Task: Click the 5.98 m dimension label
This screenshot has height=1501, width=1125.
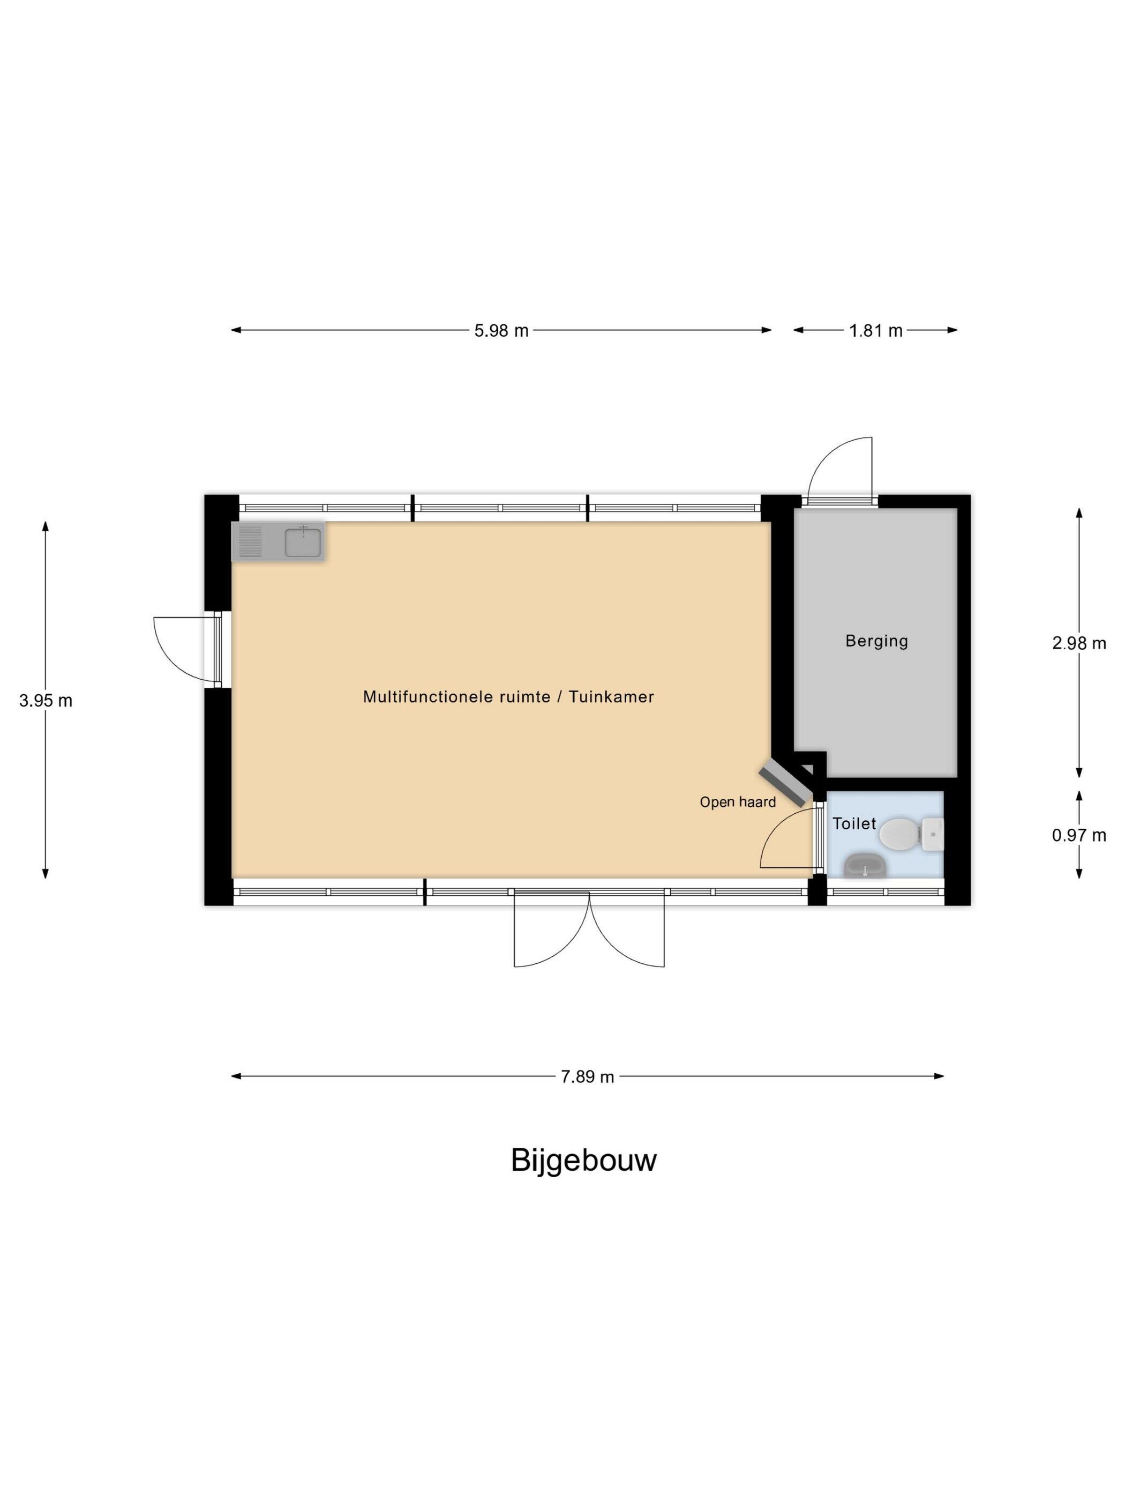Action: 500,330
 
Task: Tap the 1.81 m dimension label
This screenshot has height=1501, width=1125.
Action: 875,330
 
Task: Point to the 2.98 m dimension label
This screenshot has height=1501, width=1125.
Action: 1079,643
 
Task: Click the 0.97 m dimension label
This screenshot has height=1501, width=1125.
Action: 1079,835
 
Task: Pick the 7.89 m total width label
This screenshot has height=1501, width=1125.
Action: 587,1077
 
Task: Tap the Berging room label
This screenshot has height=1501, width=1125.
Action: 876,641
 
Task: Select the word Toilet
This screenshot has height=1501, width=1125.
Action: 854,823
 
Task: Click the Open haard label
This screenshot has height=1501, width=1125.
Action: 738,802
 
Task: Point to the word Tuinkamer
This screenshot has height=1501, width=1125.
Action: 611,696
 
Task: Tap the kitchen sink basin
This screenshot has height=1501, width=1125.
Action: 303,542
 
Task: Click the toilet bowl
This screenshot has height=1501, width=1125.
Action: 899,834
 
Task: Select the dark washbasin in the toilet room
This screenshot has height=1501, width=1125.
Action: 865,865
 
